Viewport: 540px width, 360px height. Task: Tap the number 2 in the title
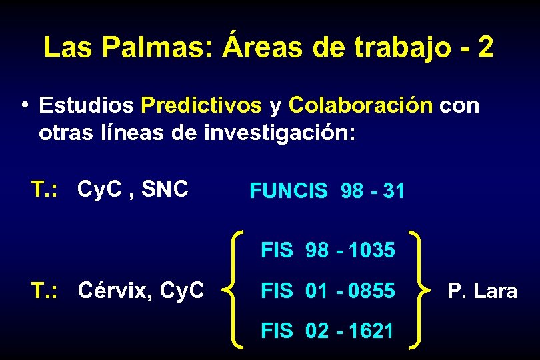pos(485,47)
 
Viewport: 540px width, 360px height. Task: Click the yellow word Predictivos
pos(201,105)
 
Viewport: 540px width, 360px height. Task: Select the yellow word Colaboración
pos(361,105)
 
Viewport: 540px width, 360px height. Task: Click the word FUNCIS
pos(288,191)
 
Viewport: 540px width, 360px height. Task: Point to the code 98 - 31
pos(372,191)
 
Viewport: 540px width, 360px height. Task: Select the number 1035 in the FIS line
pos(371,251)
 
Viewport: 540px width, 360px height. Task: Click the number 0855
pos(371,291)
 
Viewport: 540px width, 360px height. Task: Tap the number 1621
pos(371,331)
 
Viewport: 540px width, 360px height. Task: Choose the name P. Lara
pos(482,291)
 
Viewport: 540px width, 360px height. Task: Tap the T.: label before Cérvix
pos(47,290)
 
